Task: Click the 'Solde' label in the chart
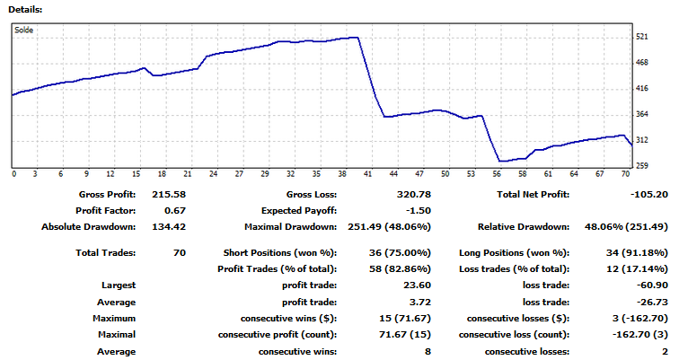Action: coord(23,30)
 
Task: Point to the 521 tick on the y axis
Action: coord(641,37)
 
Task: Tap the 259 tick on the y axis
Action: coord(641,166)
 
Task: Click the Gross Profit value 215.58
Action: coord(168,195)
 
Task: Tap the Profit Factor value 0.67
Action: coord(175,211)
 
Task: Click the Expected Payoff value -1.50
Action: coord(413,211)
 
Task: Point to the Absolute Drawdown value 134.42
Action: coord(168,227)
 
